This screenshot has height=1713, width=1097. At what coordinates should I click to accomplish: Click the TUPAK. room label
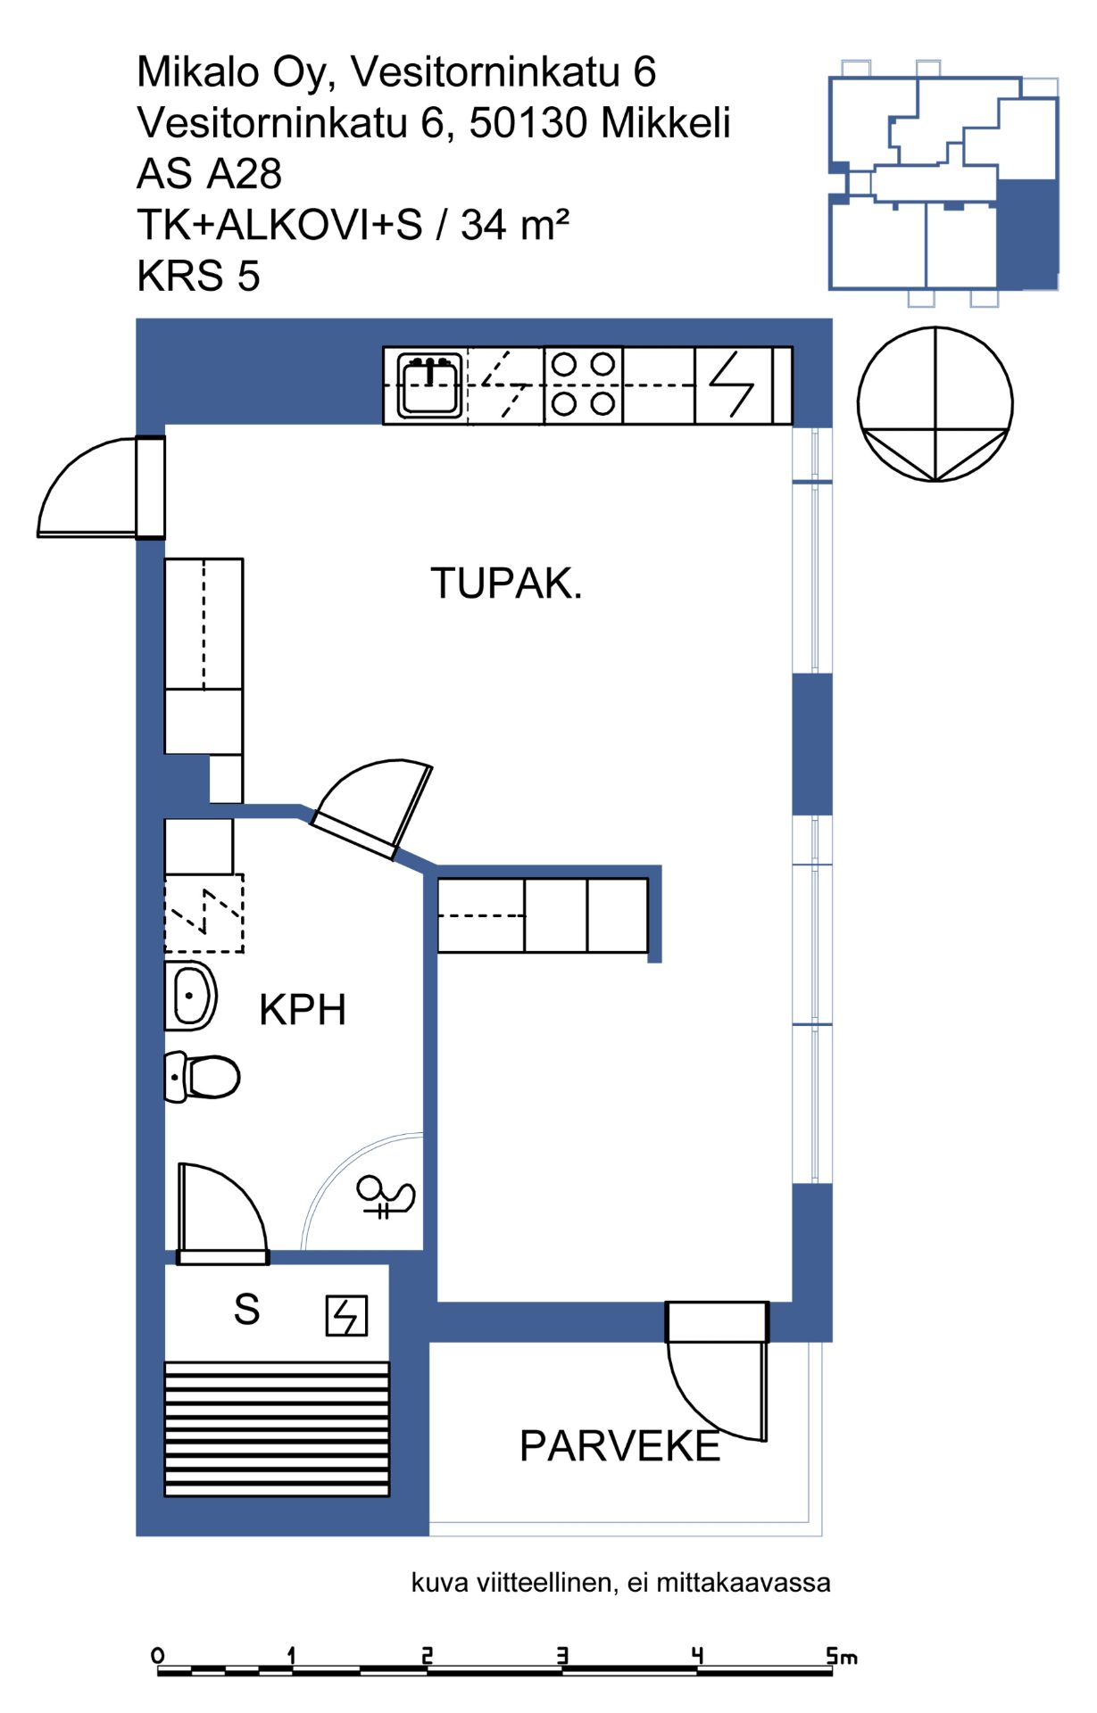[x=506, y=583]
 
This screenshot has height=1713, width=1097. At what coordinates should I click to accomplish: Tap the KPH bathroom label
[x=303, y=1010]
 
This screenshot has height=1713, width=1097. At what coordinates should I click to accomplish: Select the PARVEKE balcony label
[x=619, y=1446]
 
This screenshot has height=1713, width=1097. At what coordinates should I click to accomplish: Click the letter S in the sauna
[x=247, y=1309]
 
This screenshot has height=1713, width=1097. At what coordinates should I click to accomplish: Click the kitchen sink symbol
[x=430, y=385]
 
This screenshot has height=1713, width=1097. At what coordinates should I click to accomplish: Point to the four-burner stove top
[x=584, y=385]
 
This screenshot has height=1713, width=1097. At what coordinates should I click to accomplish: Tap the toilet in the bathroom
[x=203, y=1076]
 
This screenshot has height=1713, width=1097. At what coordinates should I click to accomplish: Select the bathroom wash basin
[x=191, y=995]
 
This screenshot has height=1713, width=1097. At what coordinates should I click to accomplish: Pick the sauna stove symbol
[x=346, y=1315]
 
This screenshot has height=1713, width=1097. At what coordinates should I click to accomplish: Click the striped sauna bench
[x=278, y=1428]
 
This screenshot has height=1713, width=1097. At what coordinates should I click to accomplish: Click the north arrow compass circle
[x=935, y=404]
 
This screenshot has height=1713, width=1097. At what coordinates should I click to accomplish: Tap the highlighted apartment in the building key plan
[x=1026, y=235]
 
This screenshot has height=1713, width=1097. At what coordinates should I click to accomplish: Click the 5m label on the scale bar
[x=842, y=1657]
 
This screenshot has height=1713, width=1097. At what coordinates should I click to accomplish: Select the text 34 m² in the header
[x=515, y=225]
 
